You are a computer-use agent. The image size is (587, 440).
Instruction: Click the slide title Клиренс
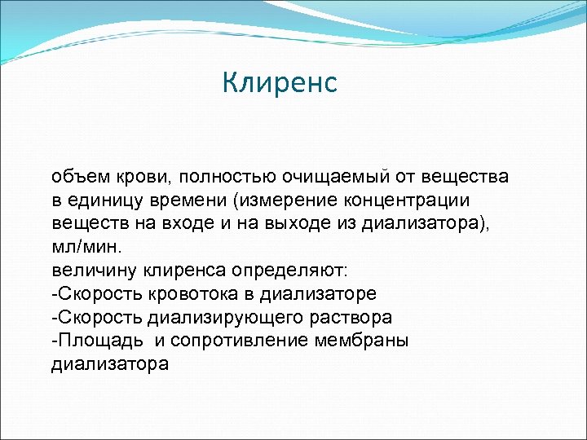280,83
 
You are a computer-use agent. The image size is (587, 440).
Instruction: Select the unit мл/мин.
85,247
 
